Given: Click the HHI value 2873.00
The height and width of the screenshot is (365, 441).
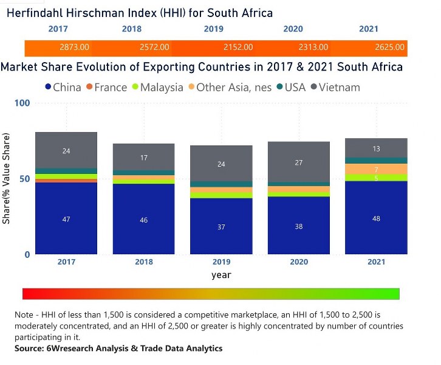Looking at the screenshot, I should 75,47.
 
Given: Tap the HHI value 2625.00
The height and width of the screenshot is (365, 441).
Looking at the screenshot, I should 389,47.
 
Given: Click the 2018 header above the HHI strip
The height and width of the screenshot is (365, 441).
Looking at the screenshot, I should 131,29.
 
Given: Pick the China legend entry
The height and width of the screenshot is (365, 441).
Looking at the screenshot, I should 63,87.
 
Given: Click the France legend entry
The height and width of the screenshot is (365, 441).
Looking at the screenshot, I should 106,87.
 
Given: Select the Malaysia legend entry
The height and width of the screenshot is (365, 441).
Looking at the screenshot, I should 156,87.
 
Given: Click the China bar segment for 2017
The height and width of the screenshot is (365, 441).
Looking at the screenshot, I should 66,218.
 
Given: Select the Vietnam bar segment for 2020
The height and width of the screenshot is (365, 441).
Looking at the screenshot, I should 299,162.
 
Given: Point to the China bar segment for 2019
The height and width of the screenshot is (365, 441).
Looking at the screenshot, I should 221,226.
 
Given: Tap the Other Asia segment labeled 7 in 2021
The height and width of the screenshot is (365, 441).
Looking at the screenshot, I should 376,169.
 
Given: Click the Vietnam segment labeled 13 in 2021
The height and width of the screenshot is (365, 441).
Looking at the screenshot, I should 376,148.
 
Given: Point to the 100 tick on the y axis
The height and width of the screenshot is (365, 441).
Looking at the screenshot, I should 22,103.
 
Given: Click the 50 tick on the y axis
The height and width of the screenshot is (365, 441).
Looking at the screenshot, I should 25,178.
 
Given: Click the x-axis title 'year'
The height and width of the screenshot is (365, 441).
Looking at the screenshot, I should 221,275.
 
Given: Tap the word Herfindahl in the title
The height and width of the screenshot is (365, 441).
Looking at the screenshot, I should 39,13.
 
